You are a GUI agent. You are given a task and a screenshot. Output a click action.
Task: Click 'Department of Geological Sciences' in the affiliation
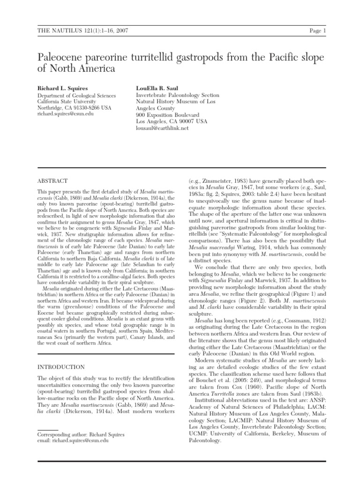(x=76, y=95)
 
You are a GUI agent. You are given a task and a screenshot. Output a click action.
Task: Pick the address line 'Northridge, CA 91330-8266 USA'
(x=74, y=108)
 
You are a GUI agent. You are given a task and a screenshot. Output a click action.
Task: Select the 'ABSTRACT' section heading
(x=52, y=180)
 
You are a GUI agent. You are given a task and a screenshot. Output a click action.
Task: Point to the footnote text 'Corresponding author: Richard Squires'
(x=81, y=435)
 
